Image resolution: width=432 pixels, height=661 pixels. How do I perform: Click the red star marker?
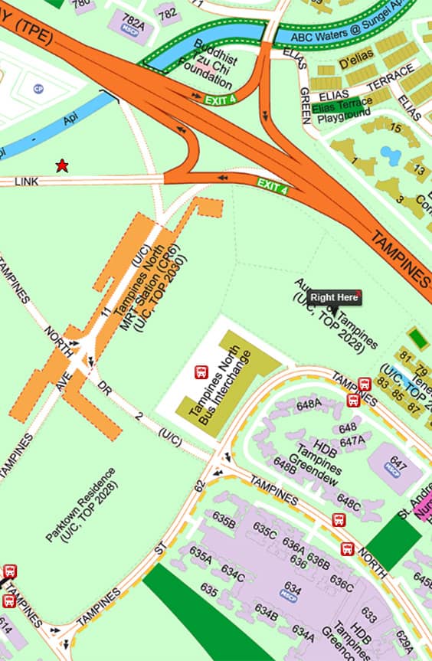click(62, 166)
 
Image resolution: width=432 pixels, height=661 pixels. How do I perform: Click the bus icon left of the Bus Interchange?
click(201, 372)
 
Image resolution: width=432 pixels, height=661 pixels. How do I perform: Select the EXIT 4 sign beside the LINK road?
click(273, 185)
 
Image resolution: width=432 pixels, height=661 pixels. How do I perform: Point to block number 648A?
click(309, 404)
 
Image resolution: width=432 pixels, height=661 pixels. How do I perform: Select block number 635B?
click(224, 522)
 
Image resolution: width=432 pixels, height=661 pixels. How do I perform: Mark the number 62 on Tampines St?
click(200, 485)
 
